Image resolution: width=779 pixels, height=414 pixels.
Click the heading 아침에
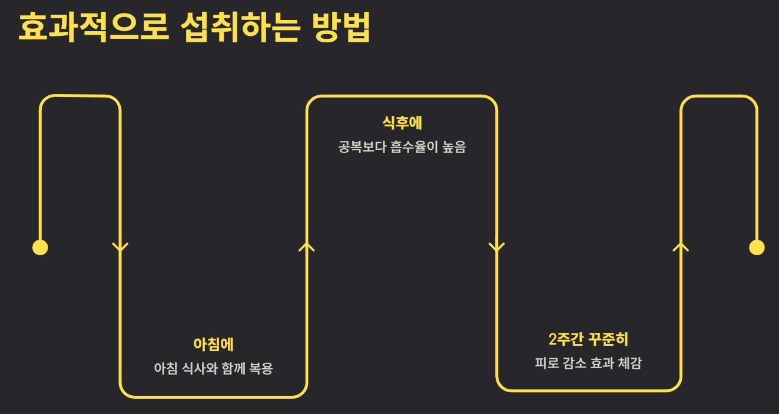213,345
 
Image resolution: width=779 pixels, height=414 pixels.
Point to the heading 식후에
402,123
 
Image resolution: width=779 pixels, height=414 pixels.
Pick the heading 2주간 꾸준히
588,339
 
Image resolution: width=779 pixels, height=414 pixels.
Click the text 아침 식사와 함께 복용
213,369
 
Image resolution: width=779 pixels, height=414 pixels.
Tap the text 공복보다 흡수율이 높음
402,147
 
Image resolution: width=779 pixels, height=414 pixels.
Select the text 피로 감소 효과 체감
588,363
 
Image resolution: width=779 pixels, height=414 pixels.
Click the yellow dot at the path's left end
40,248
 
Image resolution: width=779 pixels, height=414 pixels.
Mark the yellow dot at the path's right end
757,248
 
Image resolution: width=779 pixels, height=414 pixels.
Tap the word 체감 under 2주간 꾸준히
630,363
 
